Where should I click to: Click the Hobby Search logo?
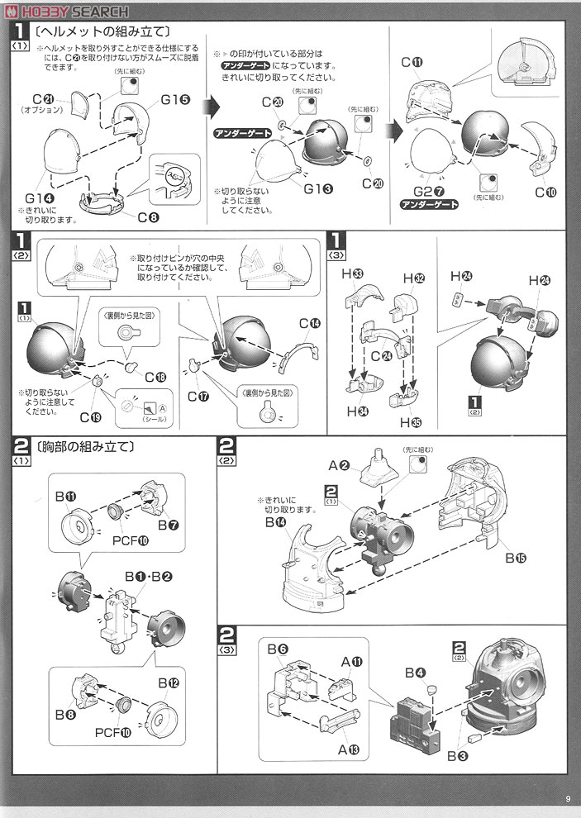pos(65,11)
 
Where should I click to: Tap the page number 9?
pos(568,797)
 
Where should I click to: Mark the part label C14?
pos(310,322)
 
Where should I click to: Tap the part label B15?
pos(516,557)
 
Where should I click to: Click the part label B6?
pos(277,650)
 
